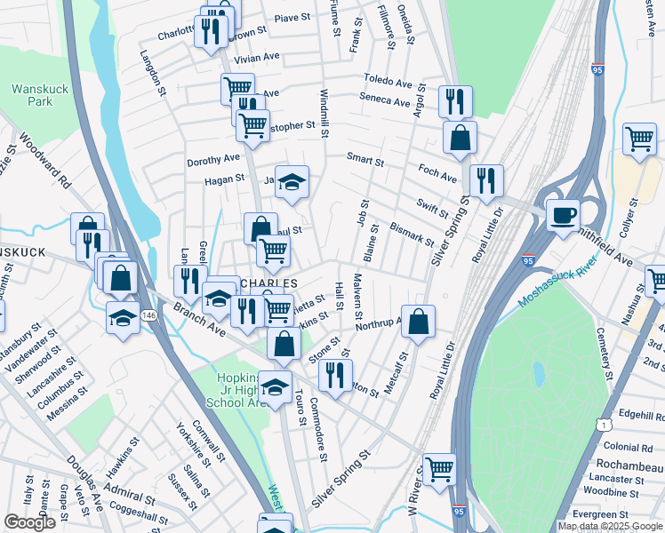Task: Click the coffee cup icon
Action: [562, 215]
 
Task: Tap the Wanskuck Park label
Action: [33, 95]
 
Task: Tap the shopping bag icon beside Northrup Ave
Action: [418, 322]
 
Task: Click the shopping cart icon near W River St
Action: [438, 468]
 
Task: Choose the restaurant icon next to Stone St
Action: [334, 374]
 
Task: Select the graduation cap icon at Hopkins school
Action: [276, 387]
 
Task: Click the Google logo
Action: [29, 522]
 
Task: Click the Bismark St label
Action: [412, 235]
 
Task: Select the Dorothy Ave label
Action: [213, 159]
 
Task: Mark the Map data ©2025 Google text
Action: [609, 526]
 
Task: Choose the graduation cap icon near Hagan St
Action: [292, 181]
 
